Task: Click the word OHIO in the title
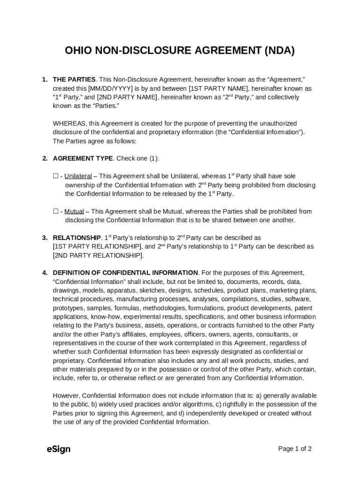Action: pyautogui.click(x=78, y=51)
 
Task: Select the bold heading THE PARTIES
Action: pyautogui.click(x=74, y=80)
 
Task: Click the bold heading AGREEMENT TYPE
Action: pyautogui.click(x=83, y=159)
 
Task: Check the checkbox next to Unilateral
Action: pyautogui.click(x=56, y=176)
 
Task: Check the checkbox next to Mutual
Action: pyautogui.click(x=56, y=211)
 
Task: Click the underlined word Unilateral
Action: pyautogui.click(x=78, y=176)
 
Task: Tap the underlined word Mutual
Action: pyautogui.click(x=74, y=211)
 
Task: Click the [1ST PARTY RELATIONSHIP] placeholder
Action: pyautogui.click(x=97, y=247)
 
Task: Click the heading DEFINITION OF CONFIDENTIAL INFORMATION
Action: pyautogui.click(x=125, y=273)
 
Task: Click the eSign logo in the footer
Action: pyautogui.click(x=58, y=449)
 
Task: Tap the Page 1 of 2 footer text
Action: pyautogui.click(x=295, y=449)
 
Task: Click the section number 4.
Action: pyautogui.click(x=44, y=273)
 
